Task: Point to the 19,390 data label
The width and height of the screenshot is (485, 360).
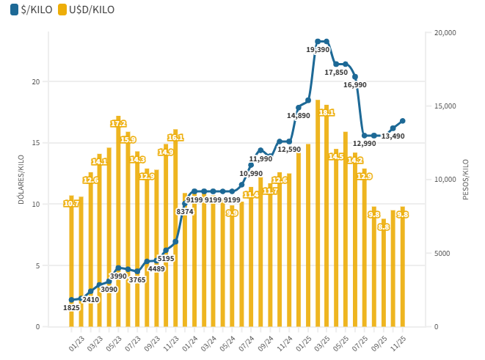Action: (317, 49)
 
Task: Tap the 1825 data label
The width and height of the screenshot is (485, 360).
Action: (71, 307)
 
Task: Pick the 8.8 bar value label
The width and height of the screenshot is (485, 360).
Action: (384, 227)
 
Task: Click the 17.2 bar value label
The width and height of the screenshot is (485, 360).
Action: (118, 123)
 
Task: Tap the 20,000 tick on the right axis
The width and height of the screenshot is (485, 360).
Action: (445, 32)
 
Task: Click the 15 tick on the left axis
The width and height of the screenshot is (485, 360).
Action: (36, 142)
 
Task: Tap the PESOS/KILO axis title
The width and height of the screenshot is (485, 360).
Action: (465, 180)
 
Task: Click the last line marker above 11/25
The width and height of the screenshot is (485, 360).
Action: (403, 121)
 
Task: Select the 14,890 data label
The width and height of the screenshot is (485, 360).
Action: (299, 115)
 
